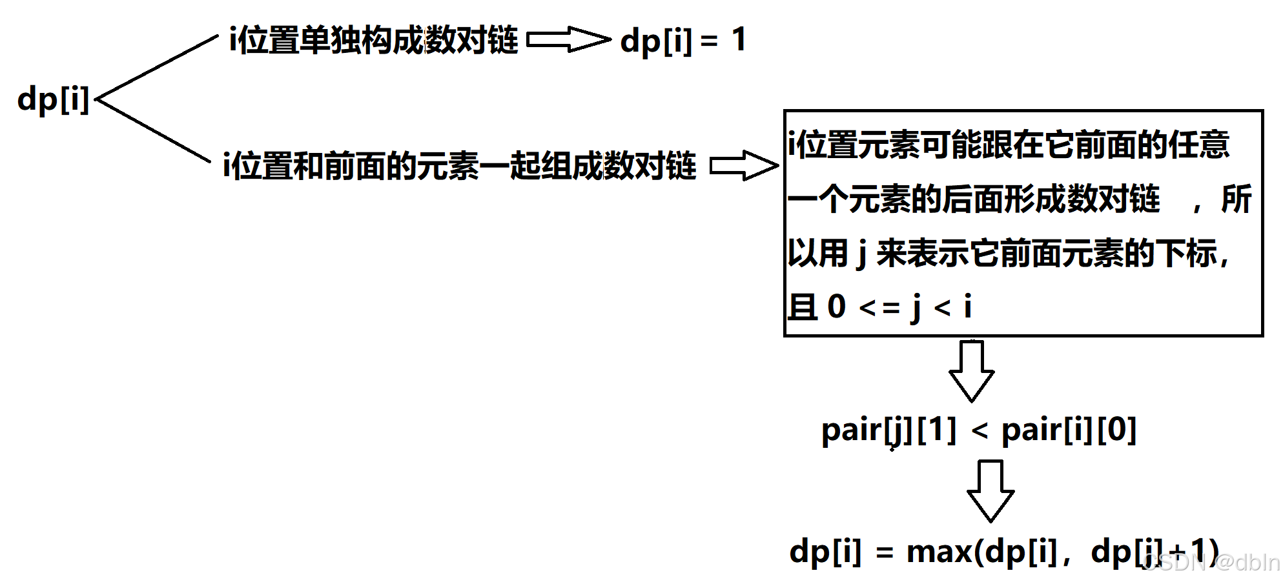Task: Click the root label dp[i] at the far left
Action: click(53, 100)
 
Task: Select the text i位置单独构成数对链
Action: click(373, 40)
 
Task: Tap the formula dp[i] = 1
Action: click(683, 40)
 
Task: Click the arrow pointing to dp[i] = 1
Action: click(568, 40)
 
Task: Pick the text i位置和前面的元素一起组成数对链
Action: click(459, 166)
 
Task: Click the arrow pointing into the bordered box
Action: click(744, 166)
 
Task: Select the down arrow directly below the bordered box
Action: click(971, 371)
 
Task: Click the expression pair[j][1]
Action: click(888, 430)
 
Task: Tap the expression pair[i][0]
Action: click(1069, 430)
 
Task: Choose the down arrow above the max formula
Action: click(990, 490)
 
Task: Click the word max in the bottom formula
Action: click(939, 552)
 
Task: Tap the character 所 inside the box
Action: click(1236, 199)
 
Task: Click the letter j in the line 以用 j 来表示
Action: click(861, 253)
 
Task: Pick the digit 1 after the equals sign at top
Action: click(739, 40)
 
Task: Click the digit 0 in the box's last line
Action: click(836, 307)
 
